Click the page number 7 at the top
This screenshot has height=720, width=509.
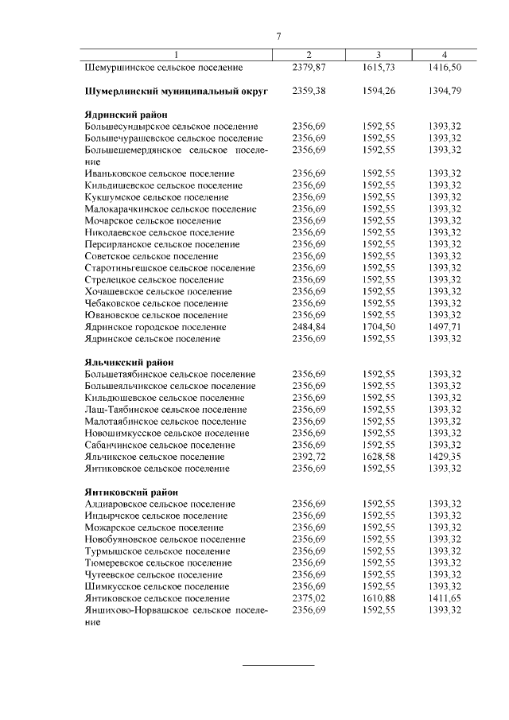(278, 37)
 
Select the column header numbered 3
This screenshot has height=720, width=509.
(379, 55)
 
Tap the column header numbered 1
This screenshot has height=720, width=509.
(177, 55)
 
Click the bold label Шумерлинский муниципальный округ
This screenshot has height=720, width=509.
(177, 91)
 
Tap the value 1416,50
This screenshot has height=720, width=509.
(445, 68)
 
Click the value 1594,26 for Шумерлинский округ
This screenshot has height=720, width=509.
(378, 91)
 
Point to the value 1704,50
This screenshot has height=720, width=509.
(378, 327)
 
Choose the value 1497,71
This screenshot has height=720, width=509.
(445, 327)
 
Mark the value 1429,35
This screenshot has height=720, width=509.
(445, 457)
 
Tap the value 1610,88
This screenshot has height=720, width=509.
(378, 598)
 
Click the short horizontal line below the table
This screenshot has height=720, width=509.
(278, 664)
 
